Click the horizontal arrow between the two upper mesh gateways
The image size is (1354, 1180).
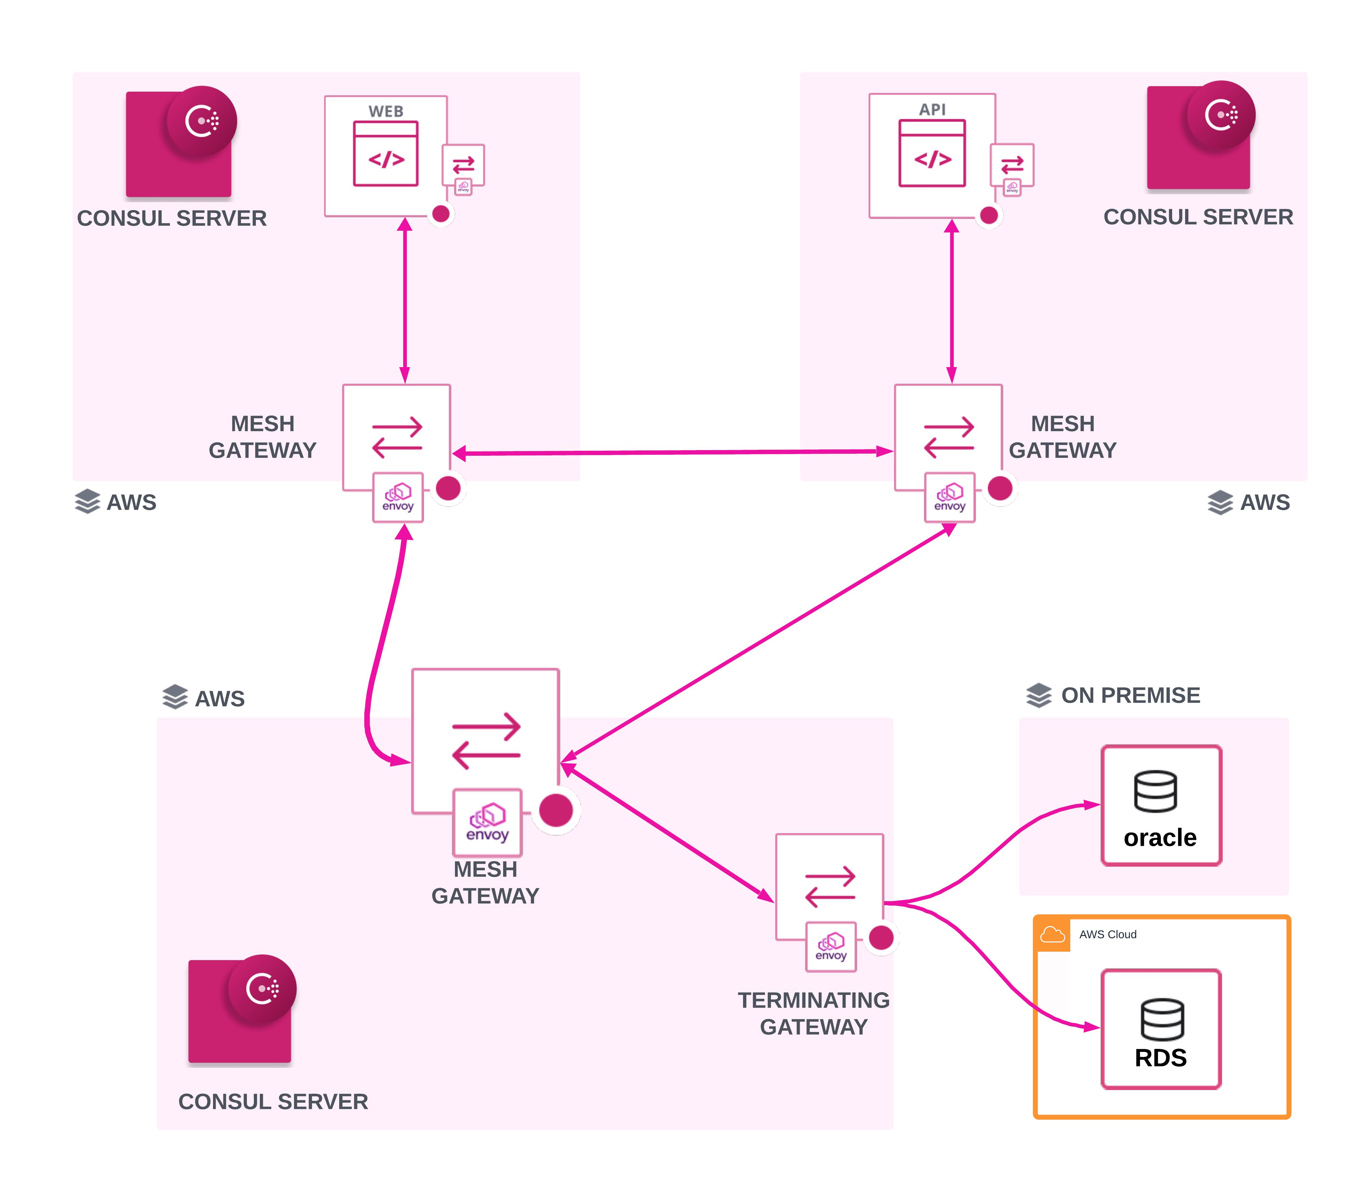(x=671, y=452)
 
